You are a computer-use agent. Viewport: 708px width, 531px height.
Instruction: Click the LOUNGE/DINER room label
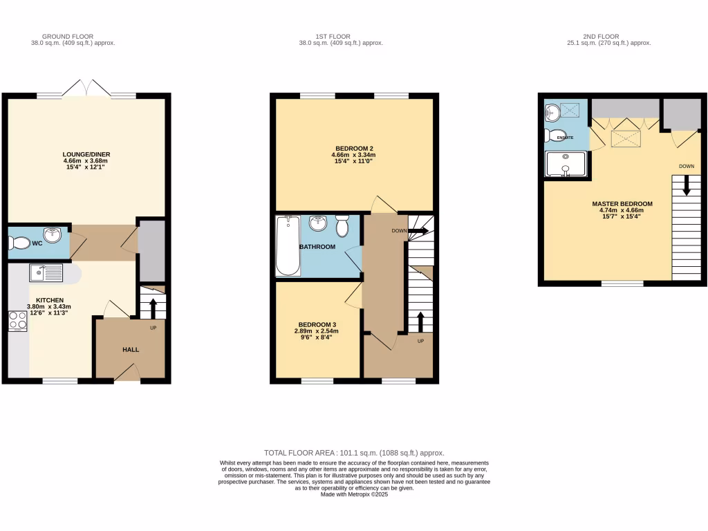click(86, 154)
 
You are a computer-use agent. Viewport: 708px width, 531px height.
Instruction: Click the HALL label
click(131, 350)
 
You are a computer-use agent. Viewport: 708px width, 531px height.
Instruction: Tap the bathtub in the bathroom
click(287, 245)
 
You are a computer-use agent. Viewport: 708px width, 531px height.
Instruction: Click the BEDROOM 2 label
click(354, 149)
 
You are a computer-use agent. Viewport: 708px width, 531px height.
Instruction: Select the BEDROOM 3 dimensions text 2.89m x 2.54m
click(317, 331)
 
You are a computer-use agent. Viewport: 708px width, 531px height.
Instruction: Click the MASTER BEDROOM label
click(622, 204)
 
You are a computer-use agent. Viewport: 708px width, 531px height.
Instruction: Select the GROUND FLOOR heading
click(68, 36)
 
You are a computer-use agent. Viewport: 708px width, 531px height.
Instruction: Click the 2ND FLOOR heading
click(609, 36)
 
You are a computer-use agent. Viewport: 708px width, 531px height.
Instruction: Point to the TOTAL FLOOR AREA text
click(354, 452)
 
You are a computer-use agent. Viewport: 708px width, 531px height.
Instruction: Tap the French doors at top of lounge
click(86, 90)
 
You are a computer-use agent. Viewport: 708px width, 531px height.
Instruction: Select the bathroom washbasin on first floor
click(317, 223)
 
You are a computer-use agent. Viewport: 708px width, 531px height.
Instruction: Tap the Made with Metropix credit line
click(354, 494)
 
